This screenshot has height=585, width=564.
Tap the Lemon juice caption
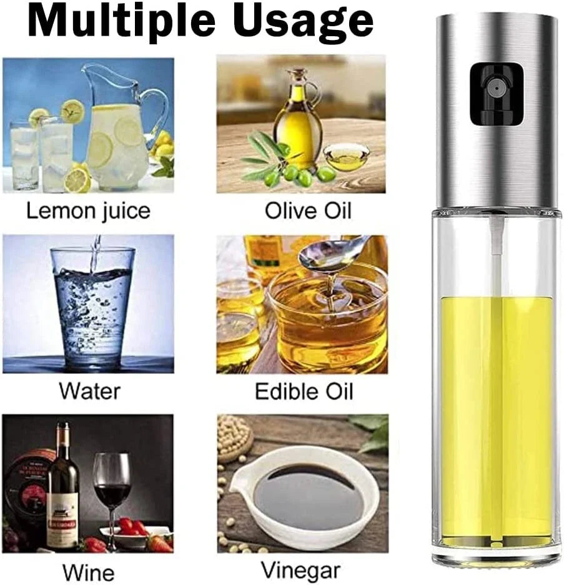point(88,212)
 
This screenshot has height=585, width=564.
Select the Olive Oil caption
point(308,211)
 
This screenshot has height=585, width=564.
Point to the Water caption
point(89,391)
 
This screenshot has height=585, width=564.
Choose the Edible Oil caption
point(304,391)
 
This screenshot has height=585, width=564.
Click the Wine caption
point(88,572)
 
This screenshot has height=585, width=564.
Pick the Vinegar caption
point(300,571)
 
